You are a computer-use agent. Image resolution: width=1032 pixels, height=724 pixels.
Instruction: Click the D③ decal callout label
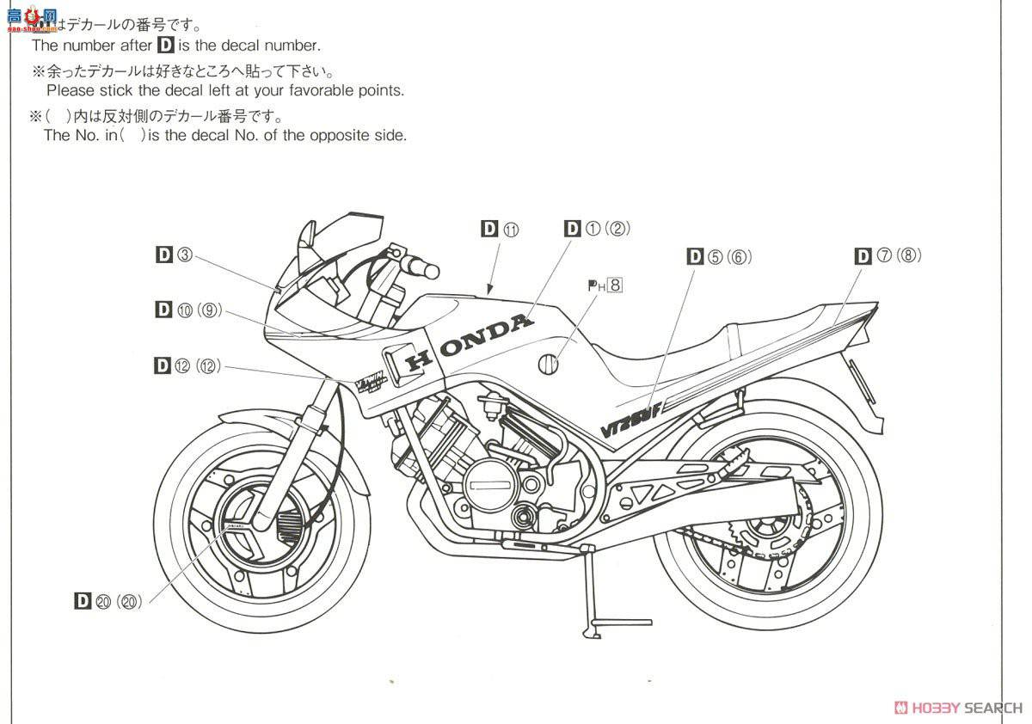175,255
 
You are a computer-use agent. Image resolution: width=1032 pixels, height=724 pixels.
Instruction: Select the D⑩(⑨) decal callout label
189,310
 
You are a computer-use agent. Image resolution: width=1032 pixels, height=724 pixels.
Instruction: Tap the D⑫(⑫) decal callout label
187,365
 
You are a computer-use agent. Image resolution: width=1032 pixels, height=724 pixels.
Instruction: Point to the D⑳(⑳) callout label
108,601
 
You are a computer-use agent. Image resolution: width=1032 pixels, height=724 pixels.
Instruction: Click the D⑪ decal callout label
501,229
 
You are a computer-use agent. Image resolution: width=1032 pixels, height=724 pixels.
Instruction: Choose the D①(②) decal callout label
598,228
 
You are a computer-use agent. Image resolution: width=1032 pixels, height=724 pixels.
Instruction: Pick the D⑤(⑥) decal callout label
719,256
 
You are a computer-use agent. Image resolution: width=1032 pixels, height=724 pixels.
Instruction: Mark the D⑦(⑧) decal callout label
888,255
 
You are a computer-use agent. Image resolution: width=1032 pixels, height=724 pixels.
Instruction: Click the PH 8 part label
605,285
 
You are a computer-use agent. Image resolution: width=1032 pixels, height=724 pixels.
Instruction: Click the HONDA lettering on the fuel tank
470,342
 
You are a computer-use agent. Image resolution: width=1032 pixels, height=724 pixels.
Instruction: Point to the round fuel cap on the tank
546,365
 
